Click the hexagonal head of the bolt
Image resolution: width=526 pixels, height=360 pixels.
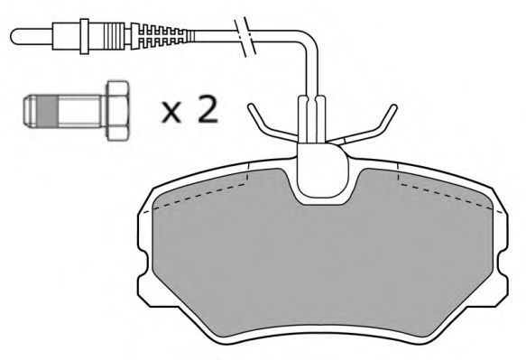pyautogui.click(x=117, y=111)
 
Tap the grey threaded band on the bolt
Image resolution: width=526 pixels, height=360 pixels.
pyautogui.click(x=49, y=111)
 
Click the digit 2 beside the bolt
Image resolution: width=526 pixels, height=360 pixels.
pyautogui.click(x=208, y=108)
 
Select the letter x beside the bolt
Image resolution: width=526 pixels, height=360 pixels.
pyautogui.click(x=171, y=112)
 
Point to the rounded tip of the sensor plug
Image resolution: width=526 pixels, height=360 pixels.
pyautogui.click(x=17, y=36)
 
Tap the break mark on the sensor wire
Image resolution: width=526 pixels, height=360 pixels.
pyautogui.click(x=245, y=36)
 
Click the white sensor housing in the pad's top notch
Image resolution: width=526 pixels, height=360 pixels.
pyautogui.click(x=322, y=171)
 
